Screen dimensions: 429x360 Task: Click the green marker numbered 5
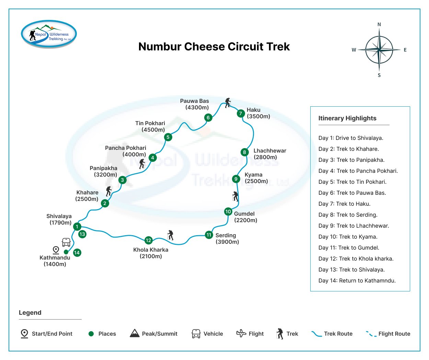[x=168, y=137]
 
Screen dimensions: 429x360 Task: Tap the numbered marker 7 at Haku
[x=241, y=113]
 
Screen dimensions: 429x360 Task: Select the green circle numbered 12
[x=148, y=240]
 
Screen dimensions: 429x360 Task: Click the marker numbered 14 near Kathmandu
[x=77, y=252]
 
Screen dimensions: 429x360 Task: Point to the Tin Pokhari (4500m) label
[x=150, y=127]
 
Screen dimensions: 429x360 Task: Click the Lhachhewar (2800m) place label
[x=270, y=154]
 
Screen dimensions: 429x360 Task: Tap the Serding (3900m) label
[x=227, y=239]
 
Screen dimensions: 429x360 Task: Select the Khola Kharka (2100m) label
[x=151, y=253]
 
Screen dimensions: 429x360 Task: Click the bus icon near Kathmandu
[x=66, y=242]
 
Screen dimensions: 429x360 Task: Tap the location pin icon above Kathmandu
[x=56, y=250]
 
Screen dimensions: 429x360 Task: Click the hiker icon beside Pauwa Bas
[x=228, y=103]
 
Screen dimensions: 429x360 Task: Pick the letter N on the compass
[x=379, y=24]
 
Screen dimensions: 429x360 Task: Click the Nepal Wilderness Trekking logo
[x=49, y=34]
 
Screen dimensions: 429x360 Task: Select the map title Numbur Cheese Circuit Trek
[x=214, y=47]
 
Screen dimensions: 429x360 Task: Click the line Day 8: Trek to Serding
[x=348, y=215]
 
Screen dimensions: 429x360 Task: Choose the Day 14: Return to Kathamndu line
[x=357, y=280]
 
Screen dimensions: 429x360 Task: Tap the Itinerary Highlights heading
[x=347, y=118]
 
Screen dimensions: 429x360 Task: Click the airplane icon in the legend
[x=241, y=334]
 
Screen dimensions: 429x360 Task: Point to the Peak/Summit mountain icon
[x=135, y=333]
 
